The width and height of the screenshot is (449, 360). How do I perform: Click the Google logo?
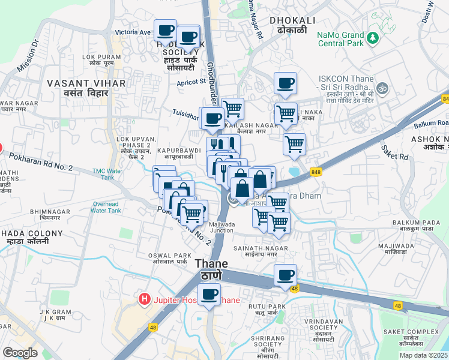20,353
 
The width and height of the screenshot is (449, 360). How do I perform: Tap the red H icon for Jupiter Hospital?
144,298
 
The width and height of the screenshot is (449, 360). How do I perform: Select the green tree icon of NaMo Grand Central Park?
374,38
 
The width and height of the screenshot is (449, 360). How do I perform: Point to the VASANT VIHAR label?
86,88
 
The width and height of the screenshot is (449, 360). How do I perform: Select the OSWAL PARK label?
171,259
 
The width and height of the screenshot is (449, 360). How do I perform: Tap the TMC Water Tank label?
108,174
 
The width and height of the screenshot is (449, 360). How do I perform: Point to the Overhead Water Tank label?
107,207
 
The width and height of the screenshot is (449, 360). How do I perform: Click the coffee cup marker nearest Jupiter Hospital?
209,296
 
